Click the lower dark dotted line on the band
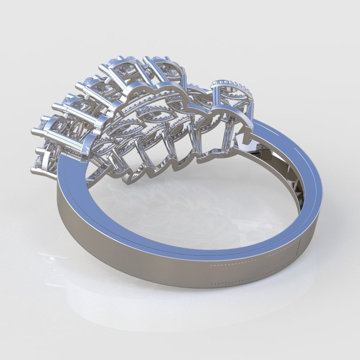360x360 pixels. point(253,281)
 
